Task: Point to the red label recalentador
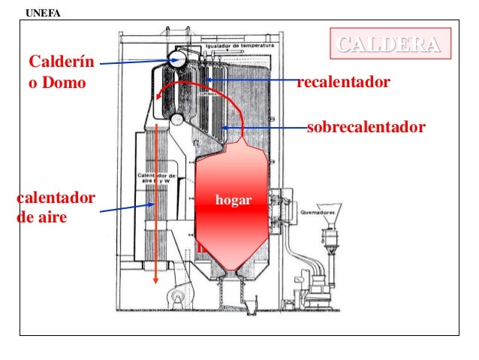coord(344,81)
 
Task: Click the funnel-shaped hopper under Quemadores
coord(328,210)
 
